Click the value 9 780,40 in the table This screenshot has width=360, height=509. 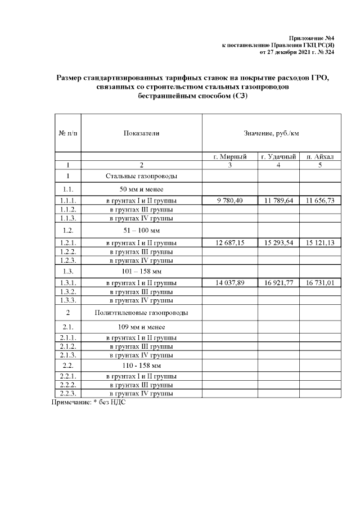pyautogui.click(x=229, y=200)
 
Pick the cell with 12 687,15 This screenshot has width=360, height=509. pyautogui.click(x=229, y=242)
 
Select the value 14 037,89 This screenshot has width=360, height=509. pyautogui.click(x=229, y=283)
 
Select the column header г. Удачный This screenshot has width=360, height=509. pyautogui.click(x=278, y=157)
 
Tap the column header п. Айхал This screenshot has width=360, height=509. pyautogui.click(x=319, y=157)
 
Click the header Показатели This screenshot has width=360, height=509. pyautogui.click(x=141, y=133)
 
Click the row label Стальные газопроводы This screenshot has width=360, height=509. pyautogui.click(x=141, y=176)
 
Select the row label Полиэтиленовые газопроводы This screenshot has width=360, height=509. pyautogui.click(x=141, y=312)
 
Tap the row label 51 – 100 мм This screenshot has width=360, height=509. pyautogui.click(x=141, y=231)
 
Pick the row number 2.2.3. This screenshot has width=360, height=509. pyautogui.click(x=67, y=394)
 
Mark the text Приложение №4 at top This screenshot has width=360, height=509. pyautogui.click(x=318, y=37)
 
